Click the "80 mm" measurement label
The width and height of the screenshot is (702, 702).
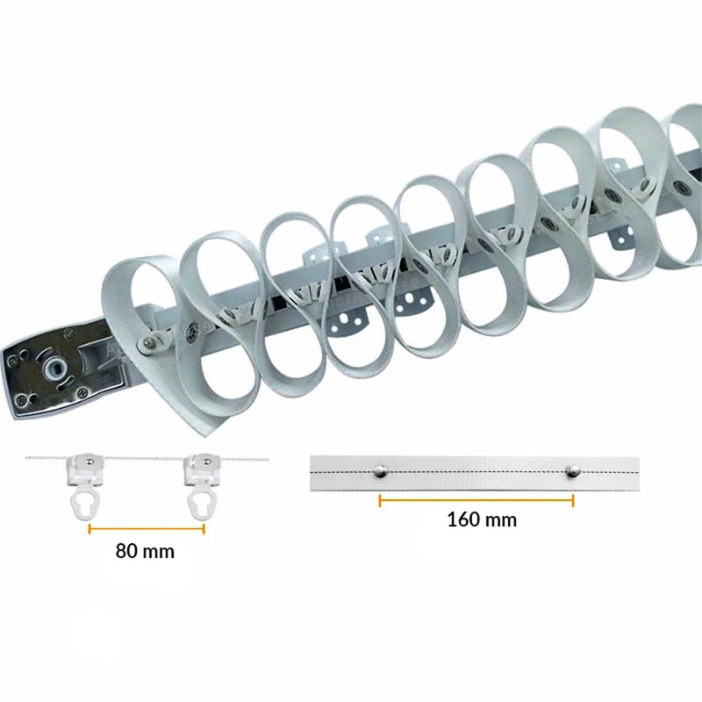(145, 551)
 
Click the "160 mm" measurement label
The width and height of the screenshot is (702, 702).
(482, 519)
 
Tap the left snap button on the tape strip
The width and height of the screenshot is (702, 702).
(380, 471)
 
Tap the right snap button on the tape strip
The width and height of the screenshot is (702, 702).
(573, 471)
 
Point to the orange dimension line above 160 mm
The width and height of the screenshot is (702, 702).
(476, 501)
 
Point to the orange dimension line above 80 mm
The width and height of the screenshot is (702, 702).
(146, 528)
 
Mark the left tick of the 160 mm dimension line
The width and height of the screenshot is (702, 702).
(380, 501)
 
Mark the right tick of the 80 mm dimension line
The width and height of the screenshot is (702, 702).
(204, 528)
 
